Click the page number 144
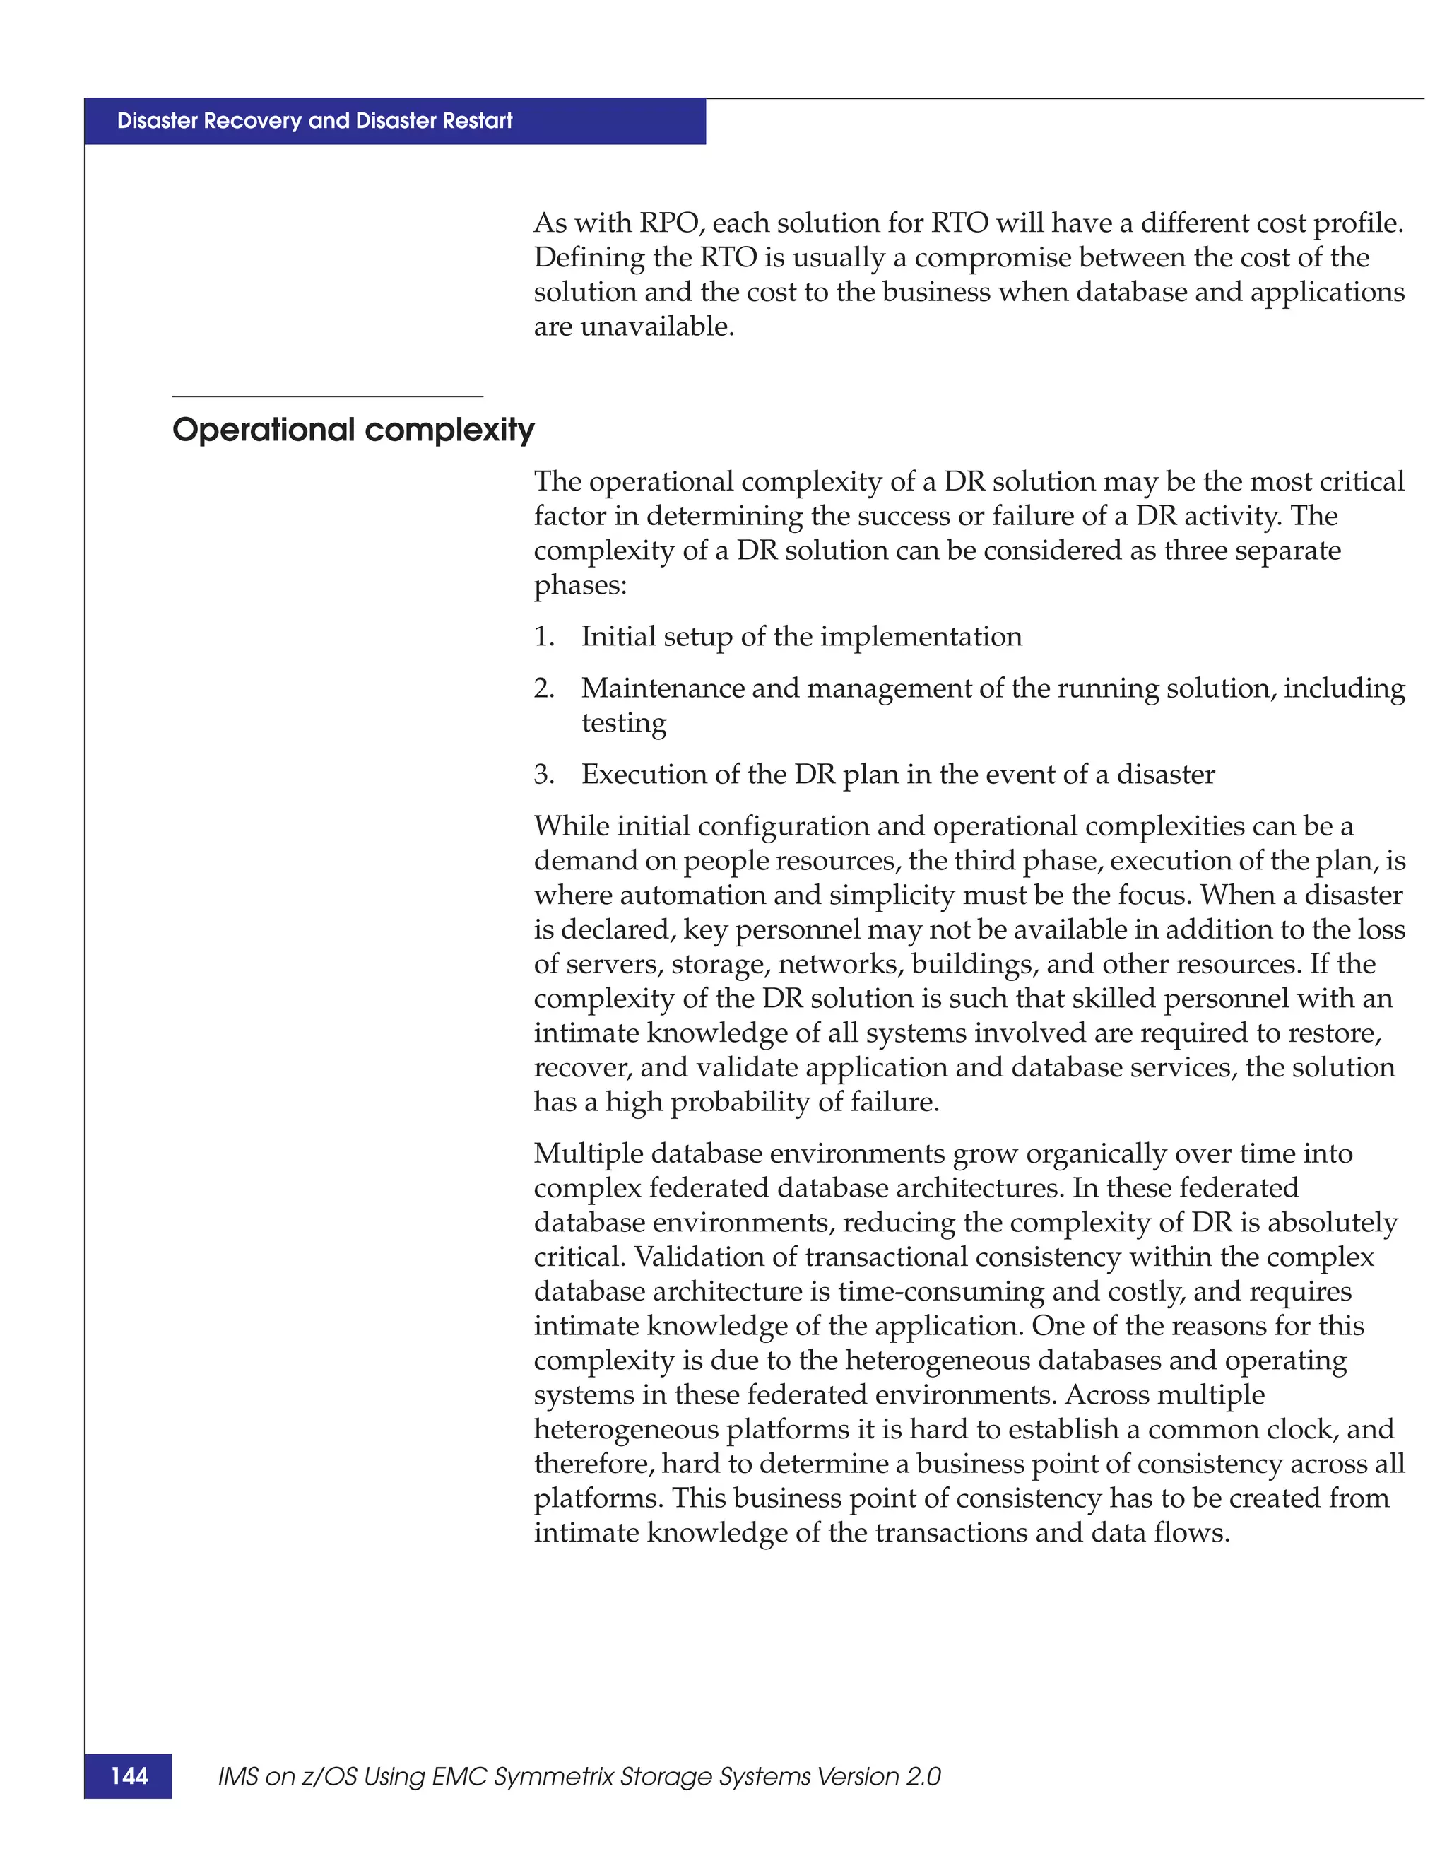(129, 1775)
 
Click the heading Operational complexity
(353, 430)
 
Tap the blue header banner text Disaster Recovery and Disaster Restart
(314, 121)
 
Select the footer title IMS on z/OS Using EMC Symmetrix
(579, 1777)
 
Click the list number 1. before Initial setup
(544, 637)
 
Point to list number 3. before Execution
(544, 775)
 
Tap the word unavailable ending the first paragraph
(656, 327)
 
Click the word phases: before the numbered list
(580, 585)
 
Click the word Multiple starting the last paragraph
(589, 1153)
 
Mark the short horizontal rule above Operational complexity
(327, 397)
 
